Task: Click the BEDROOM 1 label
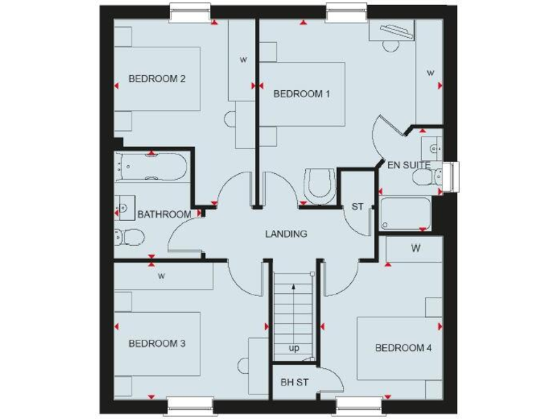pos(302,94)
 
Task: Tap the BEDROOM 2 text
pos(157,79)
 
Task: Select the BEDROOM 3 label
pos(157,343)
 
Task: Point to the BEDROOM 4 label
pos(403,348)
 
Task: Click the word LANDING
pos(286,234)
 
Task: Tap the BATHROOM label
pos(164,215)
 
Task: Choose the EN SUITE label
pos(408,166)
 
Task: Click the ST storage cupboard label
pos(357,207)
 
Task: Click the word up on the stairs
pos(294,348)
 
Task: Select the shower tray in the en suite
pos(405,215)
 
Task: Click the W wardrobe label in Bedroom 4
pos(416,249)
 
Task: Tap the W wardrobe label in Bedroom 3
pos(161,276)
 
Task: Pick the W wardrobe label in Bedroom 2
pos(243,60)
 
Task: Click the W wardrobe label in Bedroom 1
pos(430,73)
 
